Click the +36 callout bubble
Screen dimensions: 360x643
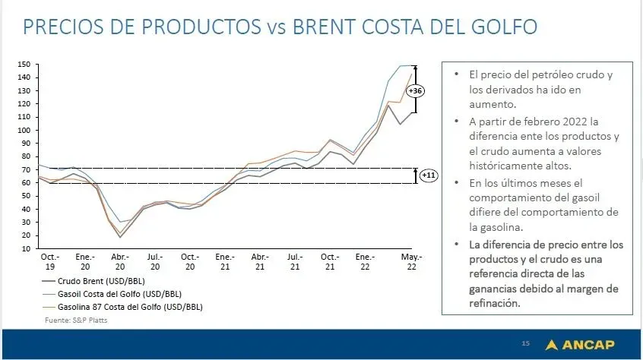[416, 91]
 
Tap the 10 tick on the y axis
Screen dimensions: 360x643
[25, 248]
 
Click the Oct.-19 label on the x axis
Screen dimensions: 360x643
[49, 262]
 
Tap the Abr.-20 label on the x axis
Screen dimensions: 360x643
[119, 262]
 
